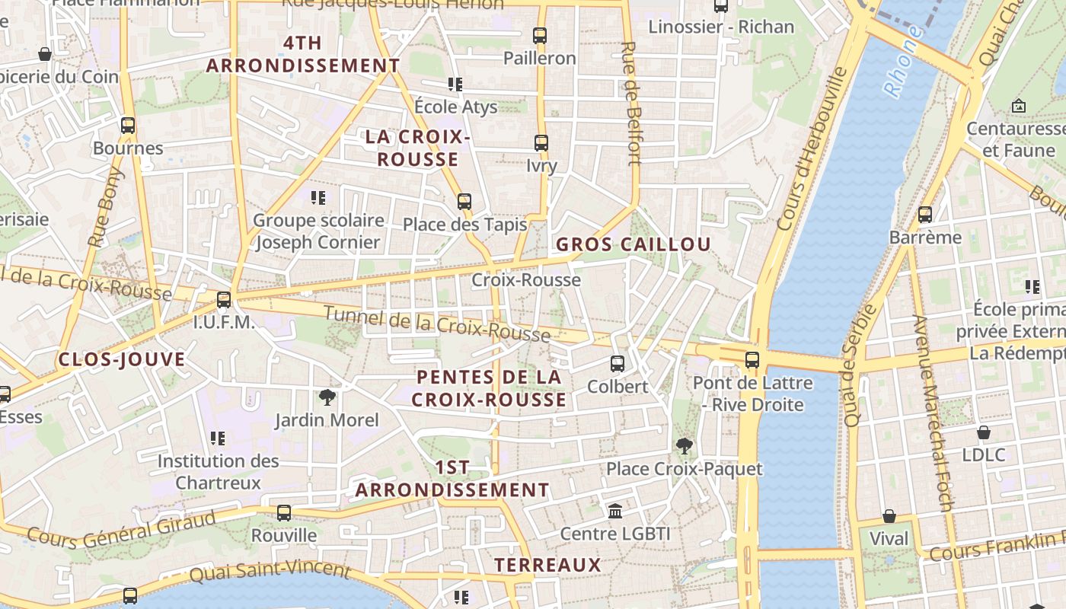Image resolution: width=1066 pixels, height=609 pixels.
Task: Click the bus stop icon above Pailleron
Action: tap(540, 35)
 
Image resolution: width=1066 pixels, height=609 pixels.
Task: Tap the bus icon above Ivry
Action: tap(541, 142)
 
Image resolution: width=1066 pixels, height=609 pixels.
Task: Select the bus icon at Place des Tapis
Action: tap(464, 202)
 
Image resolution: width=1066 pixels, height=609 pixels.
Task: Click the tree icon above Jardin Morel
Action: tap(327, 397)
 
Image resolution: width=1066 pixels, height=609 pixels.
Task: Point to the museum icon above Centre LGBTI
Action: tap(615, 511)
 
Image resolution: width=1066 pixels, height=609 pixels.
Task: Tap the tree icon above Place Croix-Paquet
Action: tap(684, 446)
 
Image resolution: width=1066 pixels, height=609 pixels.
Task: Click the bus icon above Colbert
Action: tap(618, 364)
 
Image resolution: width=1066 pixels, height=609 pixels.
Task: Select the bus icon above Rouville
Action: tap(284, 512)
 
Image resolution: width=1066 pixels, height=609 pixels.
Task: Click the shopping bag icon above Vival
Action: tap(889, 516)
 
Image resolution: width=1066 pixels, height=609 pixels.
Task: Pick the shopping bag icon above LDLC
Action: tap(984, 432)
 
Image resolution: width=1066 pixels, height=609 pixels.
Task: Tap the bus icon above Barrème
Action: tap(925, 215)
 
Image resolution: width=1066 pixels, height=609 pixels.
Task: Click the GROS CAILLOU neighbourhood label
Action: tap(634, 244)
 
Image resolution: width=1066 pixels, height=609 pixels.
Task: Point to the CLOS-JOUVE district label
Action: tap(122, 359)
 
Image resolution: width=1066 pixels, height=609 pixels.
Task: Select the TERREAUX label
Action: tap(547, 565)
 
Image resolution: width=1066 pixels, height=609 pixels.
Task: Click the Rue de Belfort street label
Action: tap(631, 103)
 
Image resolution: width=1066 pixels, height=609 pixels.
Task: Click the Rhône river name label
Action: tap(904, 62)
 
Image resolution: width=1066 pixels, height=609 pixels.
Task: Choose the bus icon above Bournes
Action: tap(128, 126)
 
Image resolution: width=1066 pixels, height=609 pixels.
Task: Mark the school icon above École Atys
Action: tap(455, 84)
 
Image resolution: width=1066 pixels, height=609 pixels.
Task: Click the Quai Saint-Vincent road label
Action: tap(270, 572)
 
